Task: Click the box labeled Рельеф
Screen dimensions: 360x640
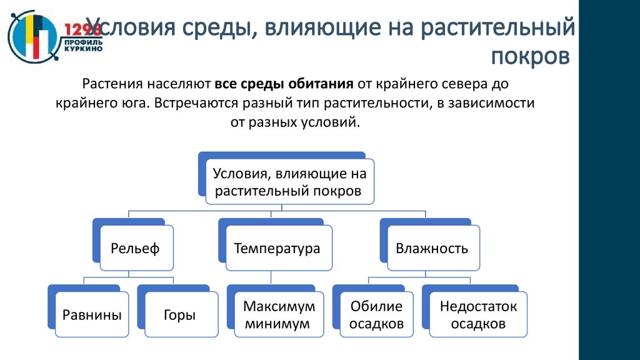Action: pos(135,249)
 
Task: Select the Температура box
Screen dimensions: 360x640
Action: pos(277,249)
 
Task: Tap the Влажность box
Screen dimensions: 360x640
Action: pos(432,249)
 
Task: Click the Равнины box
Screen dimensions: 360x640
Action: pos(92,315)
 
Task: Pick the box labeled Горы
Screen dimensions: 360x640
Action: pos(179,315)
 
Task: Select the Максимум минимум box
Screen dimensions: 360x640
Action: pos(279,315)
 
